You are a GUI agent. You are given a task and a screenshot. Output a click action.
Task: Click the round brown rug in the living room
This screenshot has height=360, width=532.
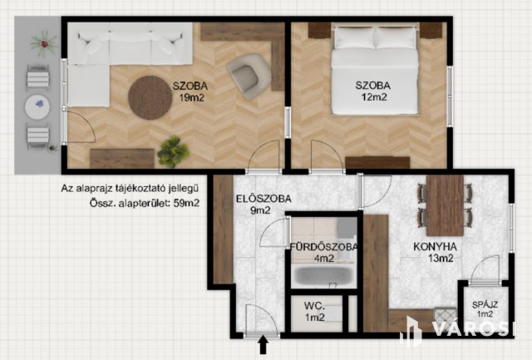point(150,97)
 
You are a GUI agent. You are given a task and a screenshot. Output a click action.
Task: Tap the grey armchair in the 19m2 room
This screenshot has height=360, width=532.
point(249,76)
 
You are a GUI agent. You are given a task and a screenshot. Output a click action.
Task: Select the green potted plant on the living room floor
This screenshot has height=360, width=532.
point(173,151)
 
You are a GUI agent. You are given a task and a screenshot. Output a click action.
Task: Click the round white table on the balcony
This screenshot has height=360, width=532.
point(37,106)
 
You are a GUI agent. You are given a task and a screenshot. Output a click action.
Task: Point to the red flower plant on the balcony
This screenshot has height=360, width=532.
point(43,43)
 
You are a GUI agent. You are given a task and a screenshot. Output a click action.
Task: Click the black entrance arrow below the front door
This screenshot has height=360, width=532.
point(264,344)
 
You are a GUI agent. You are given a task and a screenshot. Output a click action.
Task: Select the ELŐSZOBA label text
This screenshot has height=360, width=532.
point(264,199)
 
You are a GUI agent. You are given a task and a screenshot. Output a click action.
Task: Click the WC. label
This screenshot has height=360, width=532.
point(314,306)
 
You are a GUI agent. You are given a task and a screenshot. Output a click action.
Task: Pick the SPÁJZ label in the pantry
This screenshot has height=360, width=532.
point(485,304)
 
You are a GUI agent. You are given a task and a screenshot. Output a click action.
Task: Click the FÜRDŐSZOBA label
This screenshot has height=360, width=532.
point(323,247)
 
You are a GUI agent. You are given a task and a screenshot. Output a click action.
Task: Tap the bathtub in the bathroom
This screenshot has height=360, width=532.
point(323,275)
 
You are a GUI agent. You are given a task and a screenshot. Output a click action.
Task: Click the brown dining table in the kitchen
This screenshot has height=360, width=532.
point(445,205)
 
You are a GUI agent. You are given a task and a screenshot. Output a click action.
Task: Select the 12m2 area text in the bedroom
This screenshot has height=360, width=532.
point(374,97)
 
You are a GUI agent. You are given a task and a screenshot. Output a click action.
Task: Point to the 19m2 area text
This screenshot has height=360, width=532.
point(192,98)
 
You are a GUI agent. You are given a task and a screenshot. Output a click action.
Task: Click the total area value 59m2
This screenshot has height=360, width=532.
point(186,203)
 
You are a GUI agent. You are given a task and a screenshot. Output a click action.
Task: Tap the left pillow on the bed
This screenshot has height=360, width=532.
point(355,38)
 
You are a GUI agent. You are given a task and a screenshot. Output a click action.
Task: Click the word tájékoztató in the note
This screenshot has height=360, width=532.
point(145,188)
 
